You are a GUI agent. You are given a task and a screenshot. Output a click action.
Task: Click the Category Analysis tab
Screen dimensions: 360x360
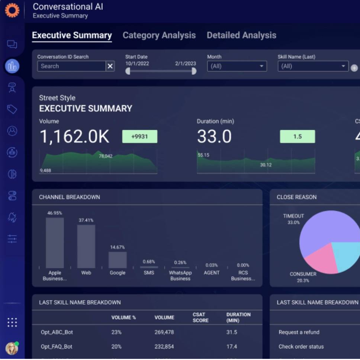coord(159,35)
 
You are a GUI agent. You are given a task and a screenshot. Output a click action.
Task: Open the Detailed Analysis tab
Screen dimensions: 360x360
coord(241,35)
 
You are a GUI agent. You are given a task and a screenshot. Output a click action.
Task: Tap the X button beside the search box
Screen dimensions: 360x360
coord(110,66)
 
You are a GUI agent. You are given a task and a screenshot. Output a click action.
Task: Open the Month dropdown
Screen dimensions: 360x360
coord(237,66)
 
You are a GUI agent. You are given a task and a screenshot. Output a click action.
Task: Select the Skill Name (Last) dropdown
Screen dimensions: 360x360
coord(313,66)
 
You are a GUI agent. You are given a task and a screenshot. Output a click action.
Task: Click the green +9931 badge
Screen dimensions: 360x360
coord(139,136)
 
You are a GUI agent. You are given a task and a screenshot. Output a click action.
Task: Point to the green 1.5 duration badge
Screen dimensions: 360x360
coord(297,136)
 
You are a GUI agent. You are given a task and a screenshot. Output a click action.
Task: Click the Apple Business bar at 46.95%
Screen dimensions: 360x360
coord(55,243)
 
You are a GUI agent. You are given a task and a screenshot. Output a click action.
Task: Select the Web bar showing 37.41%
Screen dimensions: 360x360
coord(86,246)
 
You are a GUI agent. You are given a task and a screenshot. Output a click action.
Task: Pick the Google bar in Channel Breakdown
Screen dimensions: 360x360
coord(118,260)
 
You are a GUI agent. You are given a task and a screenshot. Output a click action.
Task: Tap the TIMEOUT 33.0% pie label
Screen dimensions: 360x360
coord(293,219)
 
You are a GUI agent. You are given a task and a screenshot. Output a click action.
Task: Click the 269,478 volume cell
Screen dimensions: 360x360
coord(164,332)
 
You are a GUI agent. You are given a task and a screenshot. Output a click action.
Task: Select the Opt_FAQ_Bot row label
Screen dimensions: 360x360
coord(57,347)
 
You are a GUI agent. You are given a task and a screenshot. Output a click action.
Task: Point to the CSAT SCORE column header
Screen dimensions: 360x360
coord(200,317)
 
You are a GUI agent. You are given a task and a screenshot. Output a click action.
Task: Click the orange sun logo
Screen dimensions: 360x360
coord(12,10)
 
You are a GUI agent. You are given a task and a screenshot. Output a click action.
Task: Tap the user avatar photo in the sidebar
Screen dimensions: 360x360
coord(12,348)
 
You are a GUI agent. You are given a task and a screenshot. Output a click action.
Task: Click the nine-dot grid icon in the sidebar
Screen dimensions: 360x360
coord(12,322)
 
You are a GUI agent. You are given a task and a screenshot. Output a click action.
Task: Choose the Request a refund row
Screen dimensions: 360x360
coord(299,332)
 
